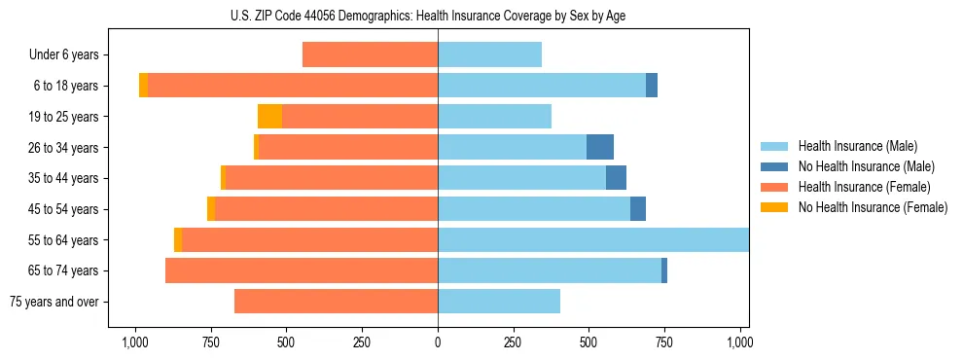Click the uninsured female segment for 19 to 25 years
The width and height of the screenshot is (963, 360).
click(269, 117)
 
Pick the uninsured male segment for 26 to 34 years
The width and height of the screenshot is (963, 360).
click(599, 147)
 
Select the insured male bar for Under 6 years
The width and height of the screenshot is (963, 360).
click(489, 54)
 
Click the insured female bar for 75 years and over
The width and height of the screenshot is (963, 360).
click(336, 302)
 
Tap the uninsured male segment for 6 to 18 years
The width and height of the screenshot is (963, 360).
click(652, 86)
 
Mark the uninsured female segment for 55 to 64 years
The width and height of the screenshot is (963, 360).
click(178, 239)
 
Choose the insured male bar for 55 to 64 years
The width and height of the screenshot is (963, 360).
click(593, 239)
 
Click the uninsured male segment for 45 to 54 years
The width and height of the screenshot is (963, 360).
click(638, 209)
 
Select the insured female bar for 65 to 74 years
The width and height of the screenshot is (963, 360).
click(302, 270)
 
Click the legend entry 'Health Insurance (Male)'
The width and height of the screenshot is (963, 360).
click(857, 146)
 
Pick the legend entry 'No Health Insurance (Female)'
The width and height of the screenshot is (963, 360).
click(873, 207)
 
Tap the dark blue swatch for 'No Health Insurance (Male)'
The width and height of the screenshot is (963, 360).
click(773, 166)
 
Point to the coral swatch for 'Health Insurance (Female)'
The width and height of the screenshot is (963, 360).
click(773, 187)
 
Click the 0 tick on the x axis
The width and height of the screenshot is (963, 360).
click(438, 342)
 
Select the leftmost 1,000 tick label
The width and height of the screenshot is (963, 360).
click(134, 342)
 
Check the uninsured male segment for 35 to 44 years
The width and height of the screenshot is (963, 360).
click(616, 178)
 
